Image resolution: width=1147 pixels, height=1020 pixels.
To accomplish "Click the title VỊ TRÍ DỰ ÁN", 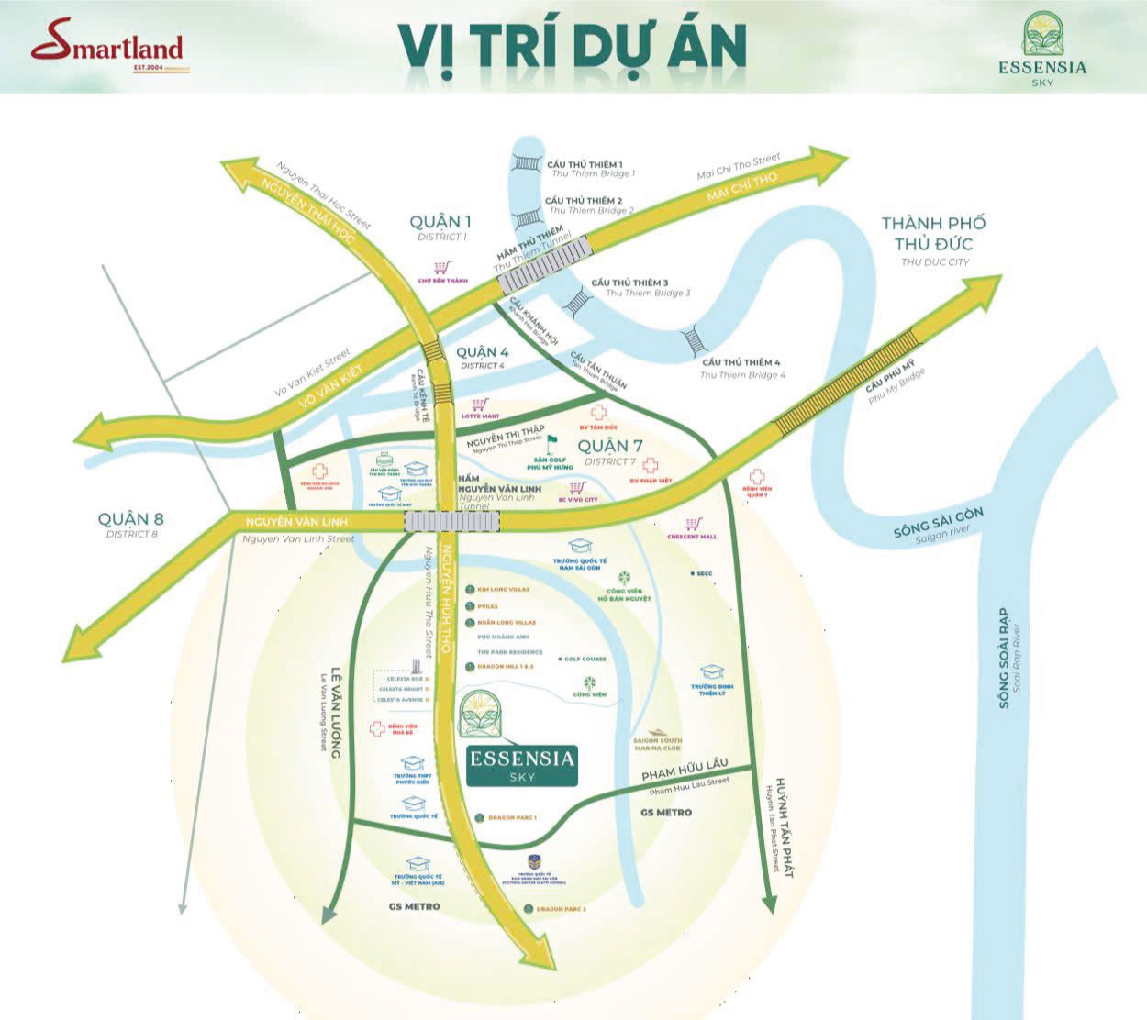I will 572,45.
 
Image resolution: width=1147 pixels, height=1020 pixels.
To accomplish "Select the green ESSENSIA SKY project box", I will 521,764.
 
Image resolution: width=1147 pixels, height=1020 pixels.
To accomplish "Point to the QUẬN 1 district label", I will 440,222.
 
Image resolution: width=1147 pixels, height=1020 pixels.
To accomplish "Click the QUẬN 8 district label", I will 132,520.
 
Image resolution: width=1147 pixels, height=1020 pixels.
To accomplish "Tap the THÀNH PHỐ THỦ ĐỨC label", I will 934,234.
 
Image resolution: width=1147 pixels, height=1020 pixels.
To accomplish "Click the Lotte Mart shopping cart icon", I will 480,404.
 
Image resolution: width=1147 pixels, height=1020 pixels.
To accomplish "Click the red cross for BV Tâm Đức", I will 597,412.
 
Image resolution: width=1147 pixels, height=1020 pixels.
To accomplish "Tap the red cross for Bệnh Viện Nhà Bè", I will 376,730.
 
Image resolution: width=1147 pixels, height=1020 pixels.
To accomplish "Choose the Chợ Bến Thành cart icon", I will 442,267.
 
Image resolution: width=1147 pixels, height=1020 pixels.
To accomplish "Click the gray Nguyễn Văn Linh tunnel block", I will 452,521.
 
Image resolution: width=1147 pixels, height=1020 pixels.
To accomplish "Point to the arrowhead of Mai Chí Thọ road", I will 830,158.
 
